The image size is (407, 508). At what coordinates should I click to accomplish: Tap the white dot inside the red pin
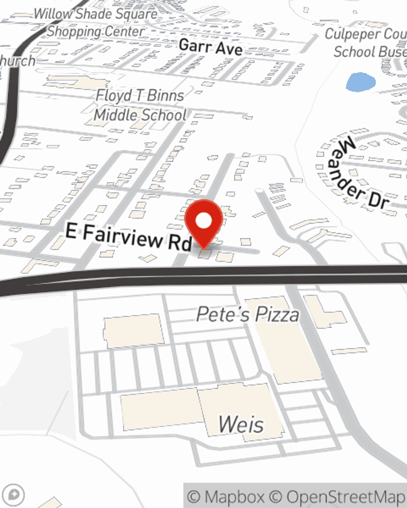[203, 221]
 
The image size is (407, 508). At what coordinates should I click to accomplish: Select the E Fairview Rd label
[128, 237]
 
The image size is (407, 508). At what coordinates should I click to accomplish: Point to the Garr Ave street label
[210, 47]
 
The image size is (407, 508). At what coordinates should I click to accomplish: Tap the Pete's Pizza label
[247, 315]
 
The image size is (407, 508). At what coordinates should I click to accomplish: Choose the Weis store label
[241, 424]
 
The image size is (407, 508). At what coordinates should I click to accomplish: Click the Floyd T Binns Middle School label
[140, 105]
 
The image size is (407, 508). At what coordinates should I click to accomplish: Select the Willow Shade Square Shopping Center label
[96, 23]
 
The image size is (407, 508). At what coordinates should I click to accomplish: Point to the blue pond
[361, 82]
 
